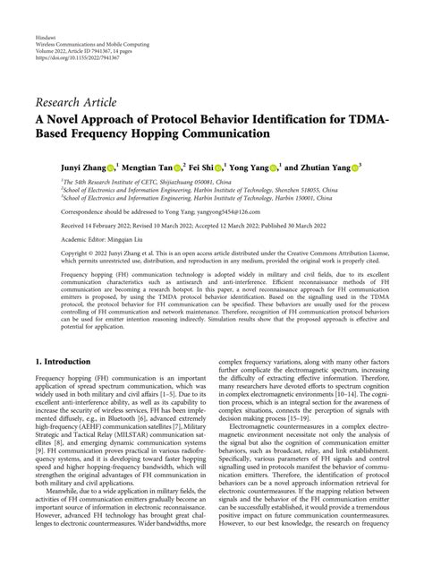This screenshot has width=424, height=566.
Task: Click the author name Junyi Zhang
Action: coord(81,167)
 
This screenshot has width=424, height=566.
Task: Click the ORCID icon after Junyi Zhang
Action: coord(112,167)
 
